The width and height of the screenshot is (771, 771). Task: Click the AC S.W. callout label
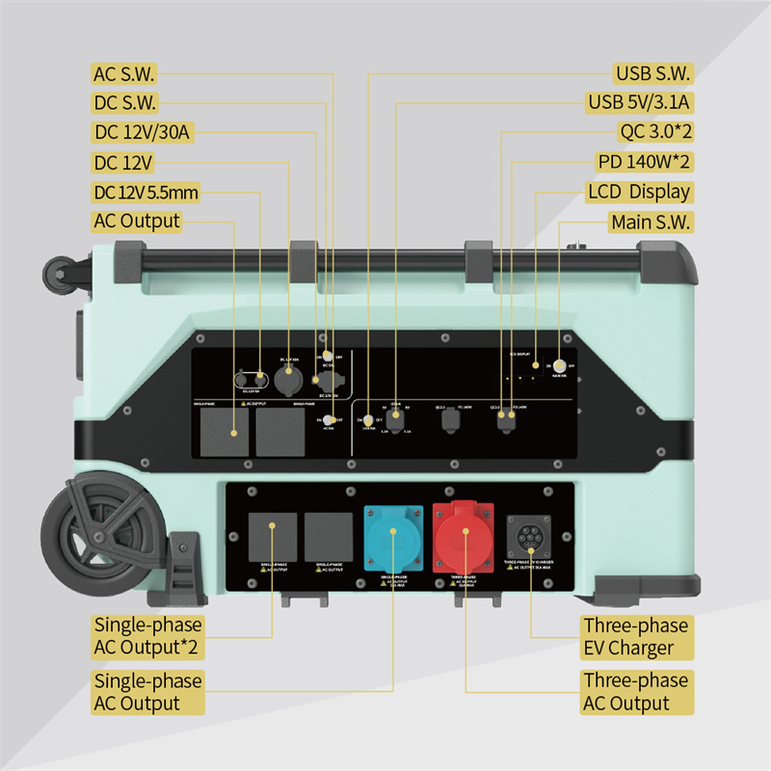[123, 73]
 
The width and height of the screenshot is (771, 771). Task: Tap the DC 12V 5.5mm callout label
[146, 192]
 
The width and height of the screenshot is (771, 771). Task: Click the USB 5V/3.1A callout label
[640, 102]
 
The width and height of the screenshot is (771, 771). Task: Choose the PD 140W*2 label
[640, 162]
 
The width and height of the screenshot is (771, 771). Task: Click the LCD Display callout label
[640, 192]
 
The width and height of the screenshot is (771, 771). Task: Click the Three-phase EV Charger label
[635, 636]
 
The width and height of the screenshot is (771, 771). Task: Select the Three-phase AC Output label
[635, 692]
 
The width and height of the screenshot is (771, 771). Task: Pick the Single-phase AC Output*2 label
[147, 636]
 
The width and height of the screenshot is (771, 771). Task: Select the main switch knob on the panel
[560, 366]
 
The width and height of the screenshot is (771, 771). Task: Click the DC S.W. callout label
[124, 102]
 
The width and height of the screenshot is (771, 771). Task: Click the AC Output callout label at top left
[137, 221]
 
